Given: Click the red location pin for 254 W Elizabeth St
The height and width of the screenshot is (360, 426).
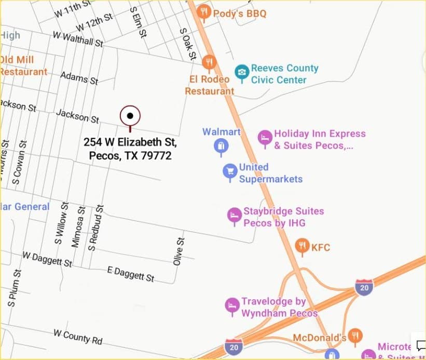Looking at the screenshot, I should [130, 116].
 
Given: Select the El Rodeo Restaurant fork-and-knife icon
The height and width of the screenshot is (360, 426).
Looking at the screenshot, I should [209, 63].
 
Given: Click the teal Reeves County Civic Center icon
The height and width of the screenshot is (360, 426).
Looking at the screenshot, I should [241, 73].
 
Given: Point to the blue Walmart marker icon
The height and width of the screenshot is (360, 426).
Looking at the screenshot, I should [222, 146].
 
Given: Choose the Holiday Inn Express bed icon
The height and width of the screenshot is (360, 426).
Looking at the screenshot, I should [265, 138].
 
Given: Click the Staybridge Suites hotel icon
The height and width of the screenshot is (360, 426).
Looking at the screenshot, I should [235, 215].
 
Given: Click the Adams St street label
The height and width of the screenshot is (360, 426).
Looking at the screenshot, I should [79, 78].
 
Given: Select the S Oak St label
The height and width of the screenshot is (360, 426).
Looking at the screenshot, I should [188, 44].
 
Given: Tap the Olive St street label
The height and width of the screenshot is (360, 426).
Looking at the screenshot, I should [179, 252].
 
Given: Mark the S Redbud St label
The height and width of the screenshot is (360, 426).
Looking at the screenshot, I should [97, 228].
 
